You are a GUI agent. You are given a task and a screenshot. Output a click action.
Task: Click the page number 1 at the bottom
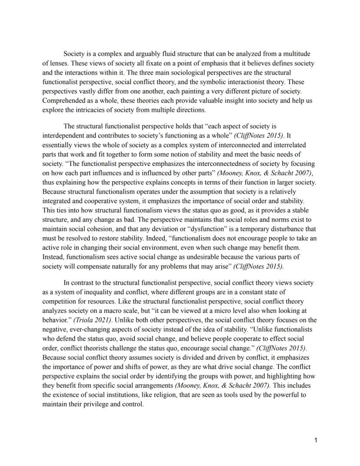316,440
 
